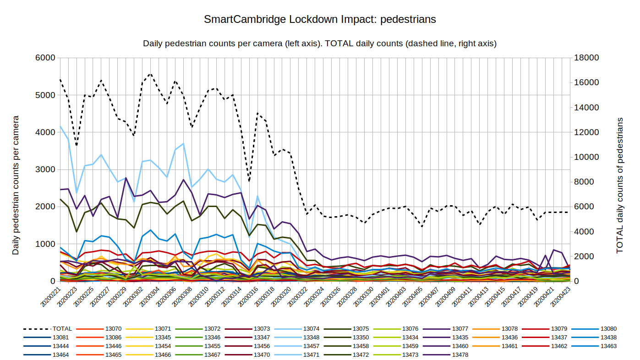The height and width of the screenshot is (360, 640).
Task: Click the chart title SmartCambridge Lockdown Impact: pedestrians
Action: coord(320,20)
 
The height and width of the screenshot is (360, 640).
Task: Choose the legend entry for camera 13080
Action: coord(609,329)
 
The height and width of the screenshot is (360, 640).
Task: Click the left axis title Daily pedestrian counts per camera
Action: coord(16,185)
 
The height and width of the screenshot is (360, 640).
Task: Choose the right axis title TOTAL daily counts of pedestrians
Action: coord(620,185)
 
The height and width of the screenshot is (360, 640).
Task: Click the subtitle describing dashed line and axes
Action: coord(320,44)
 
